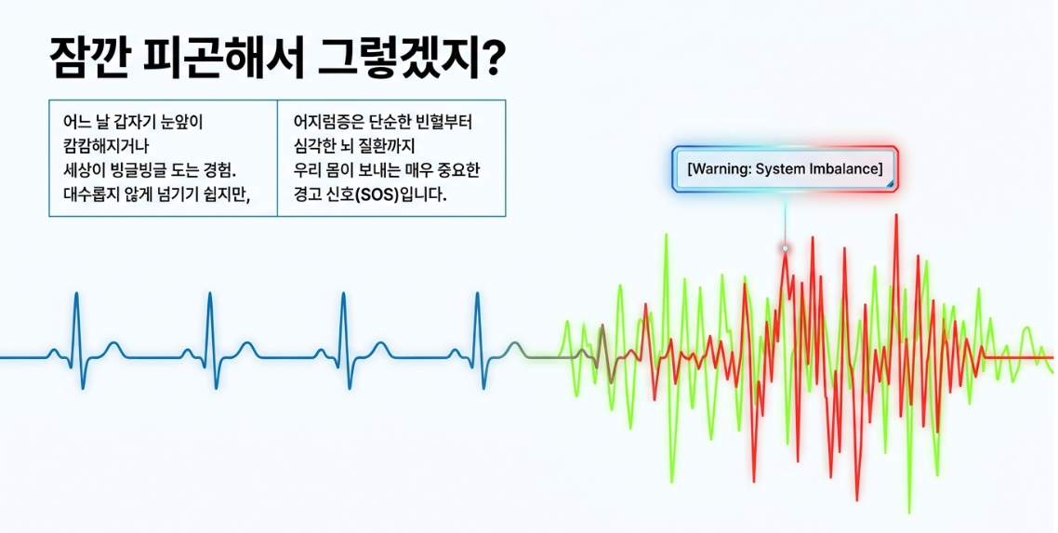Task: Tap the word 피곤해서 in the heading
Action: tap(218, 60)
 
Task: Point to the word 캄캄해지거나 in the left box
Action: tap(106, 146)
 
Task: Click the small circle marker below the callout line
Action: tap(785, 248)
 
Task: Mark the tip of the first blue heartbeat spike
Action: tap(76, 293)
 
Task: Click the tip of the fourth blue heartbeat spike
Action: tap(477, 293)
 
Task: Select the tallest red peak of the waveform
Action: tap(896, 215)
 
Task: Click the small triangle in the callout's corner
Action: tap(890, 183)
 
